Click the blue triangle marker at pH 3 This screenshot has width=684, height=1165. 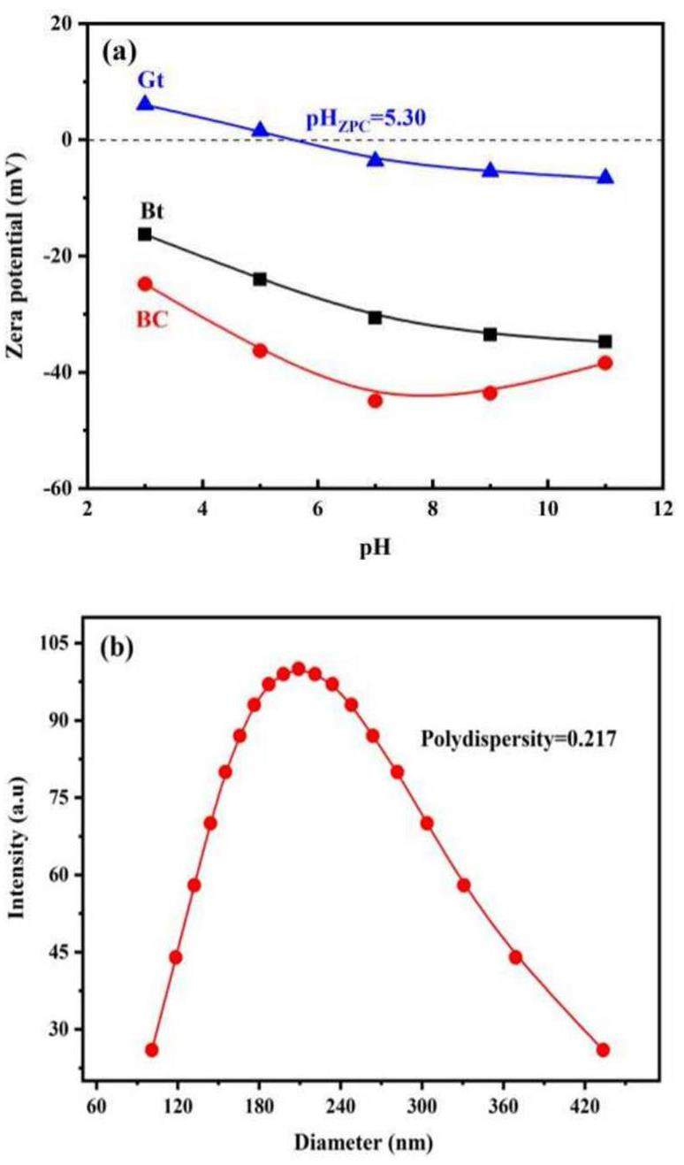(145, 104)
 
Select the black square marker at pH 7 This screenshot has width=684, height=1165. (375, 318)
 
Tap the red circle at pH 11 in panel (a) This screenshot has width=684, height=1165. (604, 363)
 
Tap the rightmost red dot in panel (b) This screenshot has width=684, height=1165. (603, 1050)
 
